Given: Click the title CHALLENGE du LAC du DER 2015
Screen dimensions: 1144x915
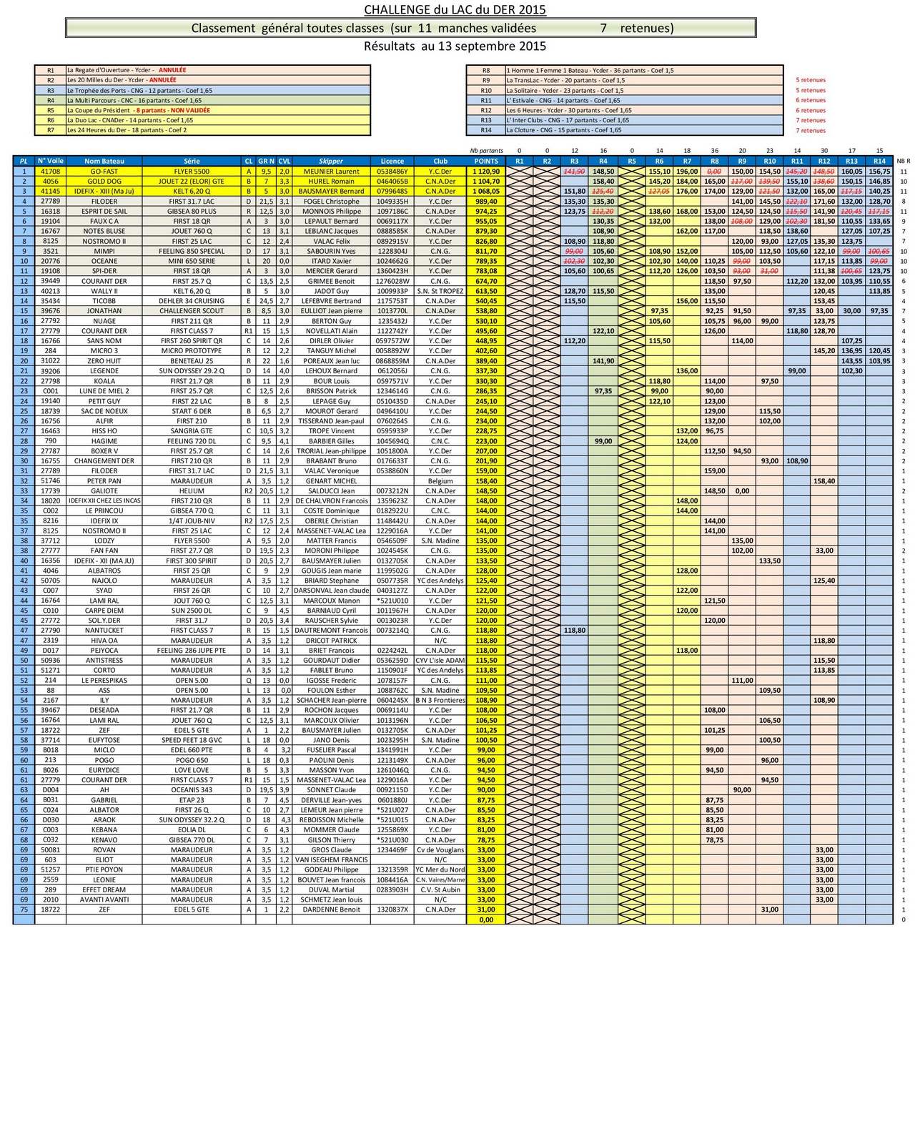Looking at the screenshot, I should click(x=455, y=9).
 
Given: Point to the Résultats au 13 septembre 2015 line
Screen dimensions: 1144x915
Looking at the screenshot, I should click(x=455, y=46).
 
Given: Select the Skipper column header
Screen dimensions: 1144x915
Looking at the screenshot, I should click(x=331, y=162).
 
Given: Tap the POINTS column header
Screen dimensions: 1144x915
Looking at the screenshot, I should click(x=486, y=162).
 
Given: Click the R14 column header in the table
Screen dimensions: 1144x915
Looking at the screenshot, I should click(x=879, y=162).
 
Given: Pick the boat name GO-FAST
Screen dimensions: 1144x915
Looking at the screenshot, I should click(x=104, y=172).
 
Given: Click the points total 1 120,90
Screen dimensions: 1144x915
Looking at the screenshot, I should click(x=486, y=172).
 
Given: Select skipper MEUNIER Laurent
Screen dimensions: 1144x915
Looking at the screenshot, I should click(x=331, y=172).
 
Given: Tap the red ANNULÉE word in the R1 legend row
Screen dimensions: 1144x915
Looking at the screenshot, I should click(x=172, y=71).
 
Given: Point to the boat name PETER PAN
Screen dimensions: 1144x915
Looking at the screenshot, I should click(x=104, y=481).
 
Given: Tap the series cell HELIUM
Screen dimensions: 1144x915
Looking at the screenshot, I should click(x=192, y=491).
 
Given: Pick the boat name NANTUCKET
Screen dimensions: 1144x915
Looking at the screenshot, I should click(x=104, y=631).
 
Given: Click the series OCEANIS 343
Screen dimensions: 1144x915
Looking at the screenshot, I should click(x=192, y=790).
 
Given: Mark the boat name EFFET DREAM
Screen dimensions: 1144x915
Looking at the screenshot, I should click(x=104, y=890).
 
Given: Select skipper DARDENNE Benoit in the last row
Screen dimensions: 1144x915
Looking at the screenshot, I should click(x=331, y=909).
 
